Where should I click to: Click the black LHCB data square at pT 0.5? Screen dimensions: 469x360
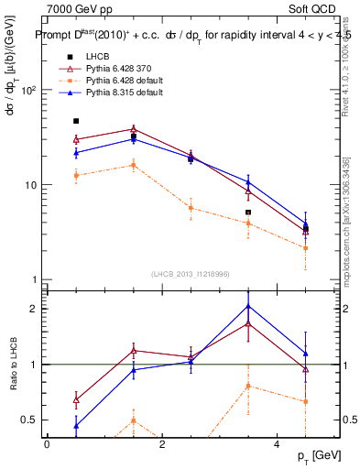(x=76, y=121)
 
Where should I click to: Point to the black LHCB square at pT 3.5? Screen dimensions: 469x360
(x=248, y=213)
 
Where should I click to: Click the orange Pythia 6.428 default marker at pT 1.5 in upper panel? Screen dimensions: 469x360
(x=134, y=165)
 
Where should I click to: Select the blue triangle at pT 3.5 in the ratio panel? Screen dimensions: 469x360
(x=248, y=306)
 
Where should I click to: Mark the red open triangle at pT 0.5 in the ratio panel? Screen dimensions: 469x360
(x=76, y=400)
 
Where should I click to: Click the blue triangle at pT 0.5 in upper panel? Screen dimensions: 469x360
(x=76, y=152)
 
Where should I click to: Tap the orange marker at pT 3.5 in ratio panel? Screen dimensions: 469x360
(x=248, y=386)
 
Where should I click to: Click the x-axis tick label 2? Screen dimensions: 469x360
(x=162, y=443)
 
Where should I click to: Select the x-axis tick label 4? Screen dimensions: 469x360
(x=277, y=443)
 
